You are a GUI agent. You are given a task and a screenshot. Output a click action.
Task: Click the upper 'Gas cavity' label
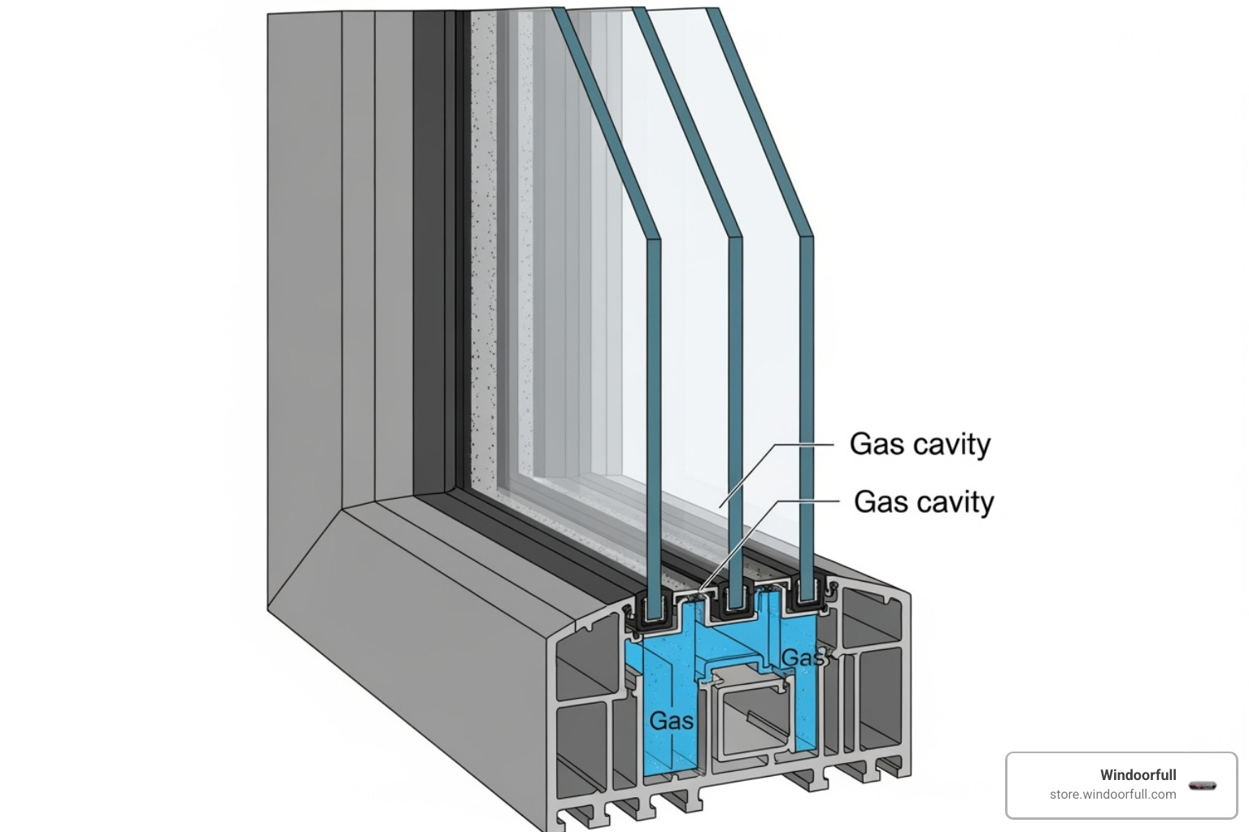920,444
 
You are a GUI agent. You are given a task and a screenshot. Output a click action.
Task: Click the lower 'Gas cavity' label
924,501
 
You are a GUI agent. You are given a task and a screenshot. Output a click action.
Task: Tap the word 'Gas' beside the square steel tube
672,721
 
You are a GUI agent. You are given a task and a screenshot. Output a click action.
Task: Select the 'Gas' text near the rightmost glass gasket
803,656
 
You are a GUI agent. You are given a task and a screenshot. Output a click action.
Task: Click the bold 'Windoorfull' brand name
1138,774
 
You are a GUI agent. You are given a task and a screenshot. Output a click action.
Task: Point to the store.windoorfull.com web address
1112,794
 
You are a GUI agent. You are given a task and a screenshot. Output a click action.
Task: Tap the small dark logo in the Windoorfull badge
1202,785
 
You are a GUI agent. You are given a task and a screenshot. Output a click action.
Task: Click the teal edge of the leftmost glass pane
653,406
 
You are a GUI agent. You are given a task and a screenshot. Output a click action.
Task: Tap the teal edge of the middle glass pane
735,406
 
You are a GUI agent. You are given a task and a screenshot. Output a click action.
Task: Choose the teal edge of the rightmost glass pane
806,406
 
